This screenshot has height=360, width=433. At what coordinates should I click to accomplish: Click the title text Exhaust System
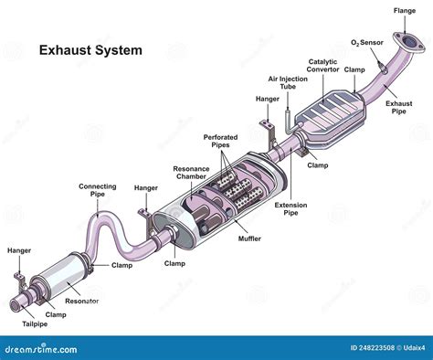pos(90,51)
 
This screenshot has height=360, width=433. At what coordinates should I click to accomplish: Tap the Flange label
pos(405,11)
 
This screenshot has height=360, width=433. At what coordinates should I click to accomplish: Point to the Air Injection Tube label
pos(285,83)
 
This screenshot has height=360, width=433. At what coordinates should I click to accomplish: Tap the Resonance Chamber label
pos(191,173)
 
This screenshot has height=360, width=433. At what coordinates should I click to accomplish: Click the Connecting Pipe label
pos(98,189)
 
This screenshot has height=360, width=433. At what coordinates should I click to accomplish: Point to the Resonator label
pos(82,301)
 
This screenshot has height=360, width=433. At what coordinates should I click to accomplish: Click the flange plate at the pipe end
pos(403,40)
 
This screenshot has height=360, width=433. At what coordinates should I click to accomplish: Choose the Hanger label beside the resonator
pos(19,249)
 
